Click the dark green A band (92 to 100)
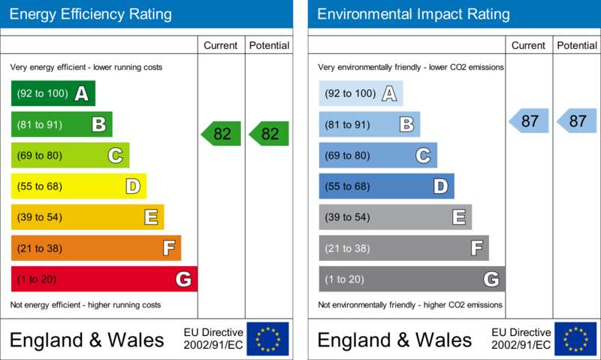click(53, 93)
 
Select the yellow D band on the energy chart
click(79, 186)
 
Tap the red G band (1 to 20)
click(104, 279)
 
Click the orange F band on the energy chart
click(96, 248)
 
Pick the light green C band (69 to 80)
click(70, 156)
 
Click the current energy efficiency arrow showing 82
click(221, 134)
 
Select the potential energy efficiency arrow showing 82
click(269, 134)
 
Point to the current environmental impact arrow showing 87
click(529, 121)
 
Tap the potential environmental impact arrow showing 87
click(577, 121)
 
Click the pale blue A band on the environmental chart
click(361, 93)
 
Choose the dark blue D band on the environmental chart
click(386, 186)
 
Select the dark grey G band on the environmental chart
click(412, 279)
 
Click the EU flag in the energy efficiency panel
click(268, 339)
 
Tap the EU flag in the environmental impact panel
click(575, 339)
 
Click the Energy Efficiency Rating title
click(90, 14)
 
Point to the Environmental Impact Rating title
click(414, 14)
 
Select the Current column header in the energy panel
click(221, 45)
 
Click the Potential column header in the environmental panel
click(577, 45)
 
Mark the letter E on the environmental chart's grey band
click(459, 217)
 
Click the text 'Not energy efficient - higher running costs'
click(86, 305)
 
